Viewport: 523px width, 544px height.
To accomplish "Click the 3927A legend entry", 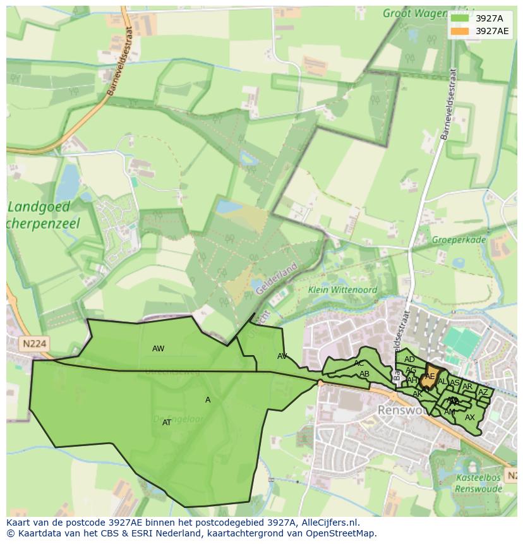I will [479, 18].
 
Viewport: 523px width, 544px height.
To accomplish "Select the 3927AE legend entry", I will [479, 31].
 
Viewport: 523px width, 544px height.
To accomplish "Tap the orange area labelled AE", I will [430, 376].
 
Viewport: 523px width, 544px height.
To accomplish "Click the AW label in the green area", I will [158, 349].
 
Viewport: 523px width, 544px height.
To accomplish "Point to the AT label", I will [167, 423].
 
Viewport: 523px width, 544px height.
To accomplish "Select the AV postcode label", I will [282, 356].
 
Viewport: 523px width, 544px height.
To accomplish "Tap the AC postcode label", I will [359, 363].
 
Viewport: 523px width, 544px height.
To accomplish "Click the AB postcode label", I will [364, 374].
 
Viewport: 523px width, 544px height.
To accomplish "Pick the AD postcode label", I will [409, 360].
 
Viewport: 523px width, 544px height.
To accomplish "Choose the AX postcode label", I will [470, 418].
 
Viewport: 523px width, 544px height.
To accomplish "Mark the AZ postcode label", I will [483, 392].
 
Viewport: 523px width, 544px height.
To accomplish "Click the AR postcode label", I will [467, 387].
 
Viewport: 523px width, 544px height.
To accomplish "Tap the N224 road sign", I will [33, 344].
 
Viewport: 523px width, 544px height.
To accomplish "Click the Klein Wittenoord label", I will [343, 290].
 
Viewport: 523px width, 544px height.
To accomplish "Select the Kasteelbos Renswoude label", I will [479, 483].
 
